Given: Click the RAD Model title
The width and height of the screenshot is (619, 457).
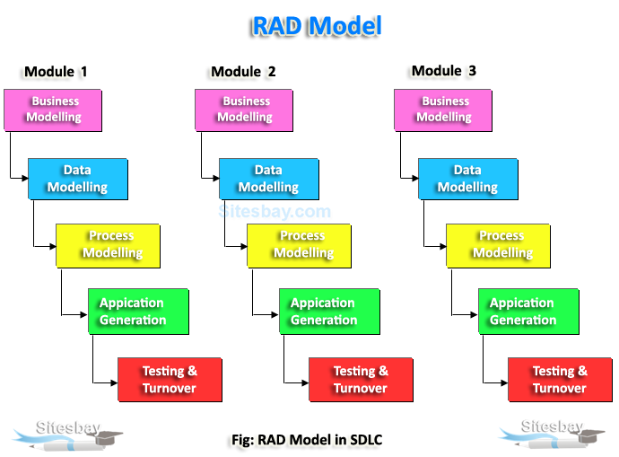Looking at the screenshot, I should [x=317, y=26].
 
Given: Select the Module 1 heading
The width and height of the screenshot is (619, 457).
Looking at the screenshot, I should [x=56, y=72].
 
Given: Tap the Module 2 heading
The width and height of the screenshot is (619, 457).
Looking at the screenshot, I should [x=243, y=72].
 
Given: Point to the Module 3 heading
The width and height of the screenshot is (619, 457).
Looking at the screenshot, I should [x=443, y=71].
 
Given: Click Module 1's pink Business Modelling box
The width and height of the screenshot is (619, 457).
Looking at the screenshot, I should [x=53, y=110].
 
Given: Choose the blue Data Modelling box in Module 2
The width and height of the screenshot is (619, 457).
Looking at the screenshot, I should [x=269, y=179].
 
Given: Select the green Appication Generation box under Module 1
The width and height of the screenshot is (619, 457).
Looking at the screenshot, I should [x=138, y=312].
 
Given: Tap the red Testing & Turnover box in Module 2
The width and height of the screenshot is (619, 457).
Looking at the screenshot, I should [x=361, y=380].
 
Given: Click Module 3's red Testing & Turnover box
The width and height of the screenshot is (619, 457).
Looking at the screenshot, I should [x=560, y=380].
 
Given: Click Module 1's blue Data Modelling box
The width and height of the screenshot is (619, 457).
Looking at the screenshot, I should [x=78, y=179].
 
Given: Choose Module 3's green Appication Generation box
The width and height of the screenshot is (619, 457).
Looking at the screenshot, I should [x=528, y=312].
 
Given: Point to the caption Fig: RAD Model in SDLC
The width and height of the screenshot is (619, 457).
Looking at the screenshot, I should [x=306, y=440].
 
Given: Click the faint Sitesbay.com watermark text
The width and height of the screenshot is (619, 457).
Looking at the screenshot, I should [x=275, y=213].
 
